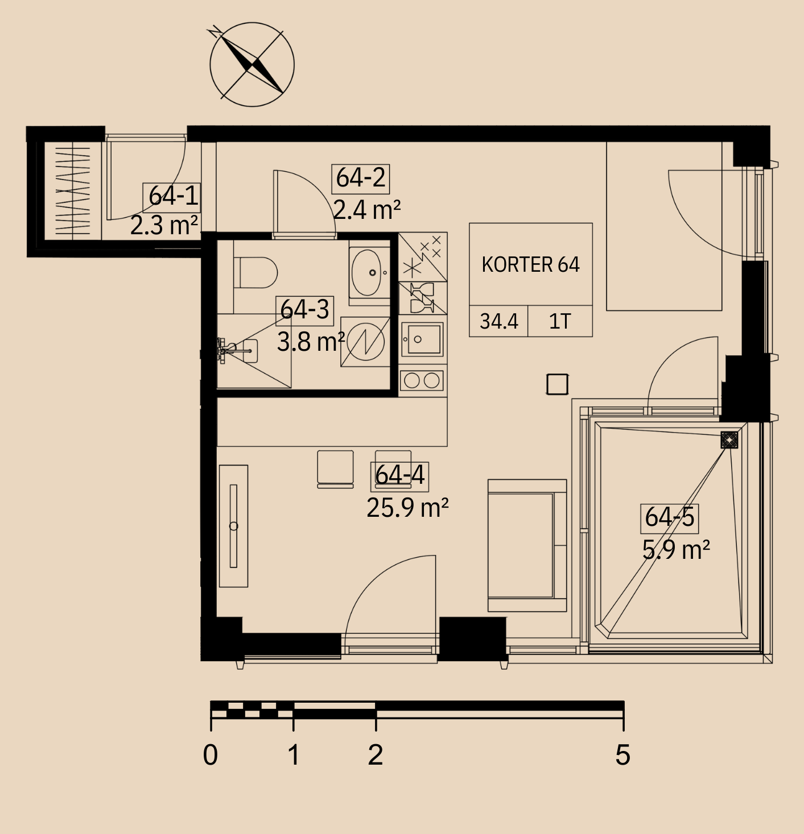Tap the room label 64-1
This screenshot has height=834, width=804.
click(173, 197)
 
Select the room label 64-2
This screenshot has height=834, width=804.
click(360, 179)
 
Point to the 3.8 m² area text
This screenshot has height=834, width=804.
click(311, 342)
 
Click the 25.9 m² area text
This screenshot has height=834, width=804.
click(407, 508)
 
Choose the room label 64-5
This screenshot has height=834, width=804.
click(669, 518)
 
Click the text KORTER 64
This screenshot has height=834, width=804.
click(531, 265)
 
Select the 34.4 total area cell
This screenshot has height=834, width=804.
click(498, 321)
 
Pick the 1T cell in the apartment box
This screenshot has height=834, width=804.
click(560, 321)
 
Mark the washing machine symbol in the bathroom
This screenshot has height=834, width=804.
click(365, 342)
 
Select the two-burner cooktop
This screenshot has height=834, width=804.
click(422, 380)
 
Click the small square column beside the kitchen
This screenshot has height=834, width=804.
click(557, 384)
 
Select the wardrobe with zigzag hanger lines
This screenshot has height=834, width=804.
click(73, 191)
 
